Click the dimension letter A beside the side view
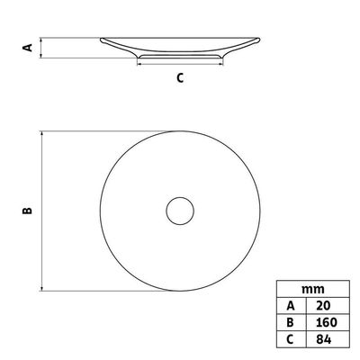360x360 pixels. coord(28,48)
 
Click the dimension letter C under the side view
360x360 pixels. coord(180,78)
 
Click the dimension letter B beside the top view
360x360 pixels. coord(27,211)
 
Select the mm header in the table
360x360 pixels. coord(313,289)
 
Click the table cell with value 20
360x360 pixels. coord(323,305)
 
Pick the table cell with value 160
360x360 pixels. coord(327,322)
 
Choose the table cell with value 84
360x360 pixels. coord(323,339)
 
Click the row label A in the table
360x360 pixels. coord(291,306)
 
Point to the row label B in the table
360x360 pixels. coord(291,322)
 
